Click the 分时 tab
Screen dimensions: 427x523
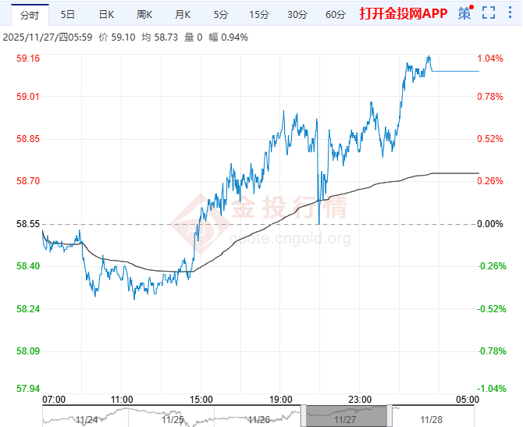(29, 14)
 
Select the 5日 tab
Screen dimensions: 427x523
(68, 14)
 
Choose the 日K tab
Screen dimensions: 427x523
(106, 14)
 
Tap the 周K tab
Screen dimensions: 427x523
(144, 14)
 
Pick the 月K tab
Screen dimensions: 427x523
(183, 14)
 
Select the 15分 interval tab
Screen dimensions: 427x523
(258, 14)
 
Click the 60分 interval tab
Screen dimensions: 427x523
(335, 14)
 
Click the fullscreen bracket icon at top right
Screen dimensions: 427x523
(489, 13)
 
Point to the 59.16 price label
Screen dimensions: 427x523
(28, 59)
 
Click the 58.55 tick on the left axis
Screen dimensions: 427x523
(28, 224)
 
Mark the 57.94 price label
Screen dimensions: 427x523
(28, 389)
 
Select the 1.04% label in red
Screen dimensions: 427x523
(489, 59)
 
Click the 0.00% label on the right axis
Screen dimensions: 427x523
(489, 224)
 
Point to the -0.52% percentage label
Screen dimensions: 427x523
(489, 309)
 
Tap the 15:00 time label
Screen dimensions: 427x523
(201, 399)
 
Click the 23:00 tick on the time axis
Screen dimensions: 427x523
(360, 399)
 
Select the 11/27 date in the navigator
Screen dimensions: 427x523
(344, 419)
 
